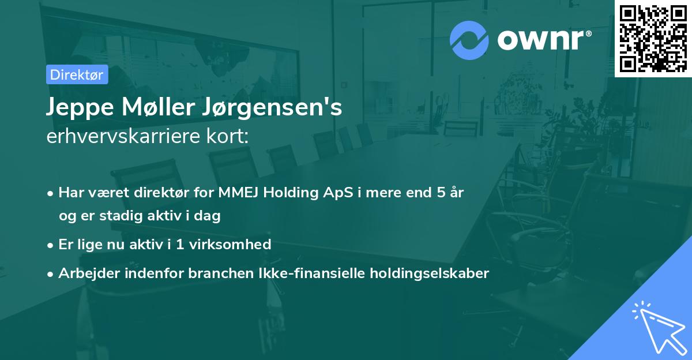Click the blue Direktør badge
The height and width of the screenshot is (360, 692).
pyautogui.click(x=77, y=74)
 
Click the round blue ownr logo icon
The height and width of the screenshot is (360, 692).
pyautogui.click(x=469, y=40)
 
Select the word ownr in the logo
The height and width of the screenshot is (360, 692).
pyautogui.click(x=544, y=40)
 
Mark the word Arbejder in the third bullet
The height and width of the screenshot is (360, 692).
pyautogui.click(x=84, y=273)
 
